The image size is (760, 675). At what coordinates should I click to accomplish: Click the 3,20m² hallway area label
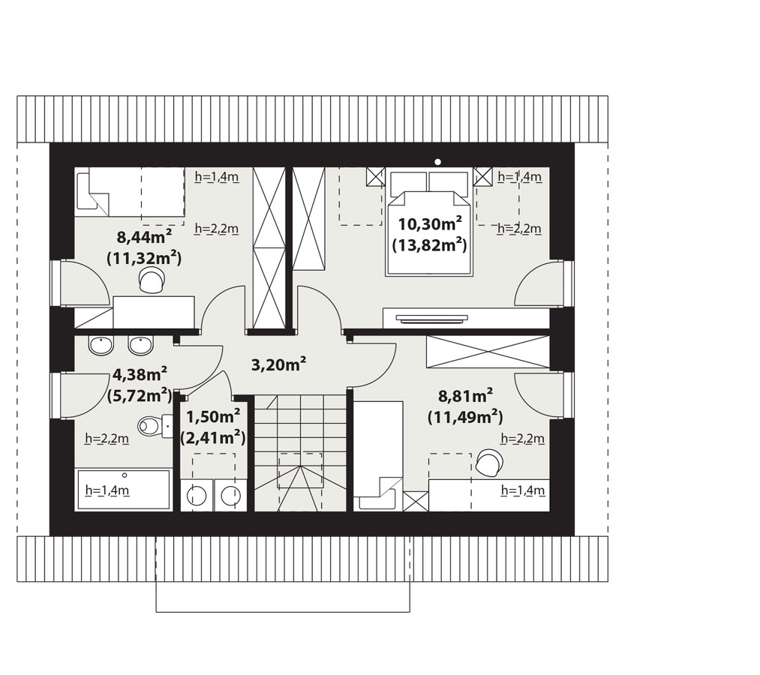(278, 364)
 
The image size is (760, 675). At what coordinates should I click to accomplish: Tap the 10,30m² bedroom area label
(429, 224)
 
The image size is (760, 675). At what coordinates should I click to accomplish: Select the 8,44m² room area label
(145, 237)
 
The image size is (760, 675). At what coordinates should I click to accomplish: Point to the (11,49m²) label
(465, 417)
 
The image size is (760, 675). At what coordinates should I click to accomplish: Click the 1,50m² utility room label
(213, 416)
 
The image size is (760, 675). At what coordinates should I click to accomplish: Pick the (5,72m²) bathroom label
(140, 395)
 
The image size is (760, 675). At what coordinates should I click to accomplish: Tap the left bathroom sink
(101, 345)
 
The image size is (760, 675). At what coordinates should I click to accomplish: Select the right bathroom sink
(140, 345)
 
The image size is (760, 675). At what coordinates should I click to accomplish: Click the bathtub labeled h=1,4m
(124, 490)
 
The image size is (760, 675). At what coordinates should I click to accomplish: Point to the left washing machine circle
(197, 496)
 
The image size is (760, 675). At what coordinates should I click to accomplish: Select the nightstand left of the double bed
(376, 177)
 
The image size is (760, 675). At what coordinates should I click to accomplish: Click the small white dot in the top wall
(437, 162)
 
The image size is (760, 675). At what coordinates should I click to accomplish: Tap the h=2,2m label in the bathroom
(107, 439)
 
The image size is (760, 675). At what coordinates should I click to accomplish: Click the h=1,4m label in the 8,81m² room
(523, 490)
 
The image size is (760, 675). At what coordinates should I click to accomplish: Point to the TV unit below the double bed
(466, 318)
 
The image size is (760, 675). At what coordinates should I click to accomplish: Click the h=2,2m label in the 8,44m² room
(217, 228)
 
